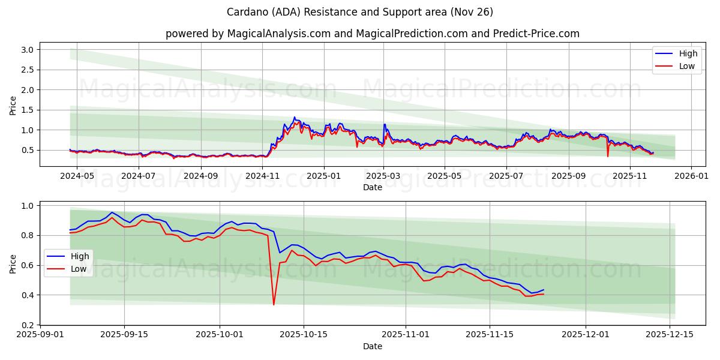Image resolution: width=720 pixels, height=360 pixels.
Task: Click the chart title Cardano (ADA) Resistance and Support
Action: (360, 12)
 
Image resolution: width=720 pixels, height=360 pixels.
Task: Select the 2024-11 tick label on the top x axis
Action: (263, 176)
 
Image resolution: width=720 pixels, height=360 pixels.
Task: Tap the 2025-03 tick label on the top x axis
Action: (383, 176)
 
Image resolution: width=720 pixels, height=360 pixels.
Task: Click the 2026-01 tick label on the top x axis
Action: (691, 176)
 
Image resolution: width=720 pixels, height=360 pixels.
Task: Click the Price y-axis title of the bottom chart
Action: (13, 264)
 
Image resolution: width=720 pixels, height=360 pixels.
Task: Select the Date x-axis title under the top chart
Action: (373, 187)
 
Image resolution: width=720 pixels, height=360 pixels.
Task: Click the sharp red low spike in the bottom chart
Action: (274, 304)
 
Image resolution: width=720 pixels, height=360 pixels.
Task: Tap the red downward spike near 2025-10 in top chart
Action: (607, 156)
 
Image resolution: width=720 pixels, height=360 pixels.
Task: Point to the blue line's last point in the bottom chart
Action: (544, 290)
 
